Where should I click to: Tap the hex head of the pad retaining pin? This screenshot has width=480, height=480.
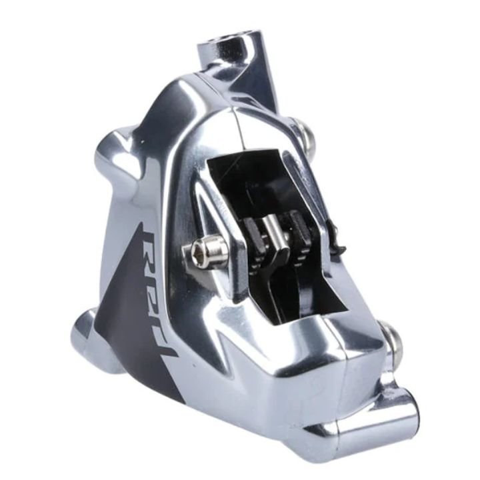204,250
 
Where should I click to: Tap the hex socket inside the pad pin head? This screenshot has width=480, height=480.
198,251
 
